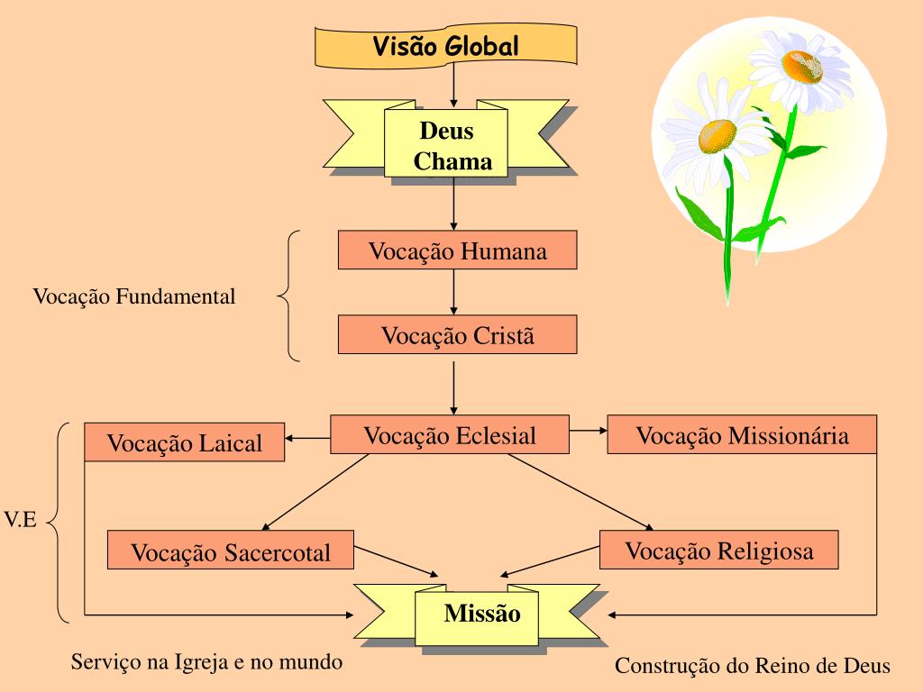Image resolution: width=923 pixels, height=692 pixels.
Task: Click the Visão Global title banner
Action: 445,45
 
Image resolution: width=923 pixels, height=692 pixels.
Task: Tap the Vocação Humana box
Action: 457,250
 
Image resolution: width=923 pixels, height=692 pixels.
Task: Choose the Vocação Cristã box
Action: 457,335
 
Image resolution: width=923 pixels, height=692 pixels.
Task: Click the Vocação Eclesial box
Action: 450,435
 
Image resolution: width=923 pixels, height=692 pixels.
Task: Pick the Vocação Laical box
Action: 184,442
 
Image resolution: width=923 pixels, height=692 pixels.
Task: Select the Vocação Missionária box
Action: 742,435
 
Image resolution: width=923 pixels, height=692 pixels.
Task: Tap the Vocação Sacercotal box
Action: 231,551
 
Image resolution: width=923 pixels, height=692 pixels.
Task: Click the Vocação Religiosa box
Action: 718,551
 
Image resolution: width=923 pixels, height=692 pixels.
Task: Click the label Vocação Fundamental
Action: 134,296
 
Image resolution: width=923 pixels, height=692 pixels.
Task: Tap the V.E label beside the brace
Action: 20,521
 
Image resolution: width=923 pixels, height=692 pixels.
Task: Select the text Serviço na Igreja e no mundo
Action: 207,662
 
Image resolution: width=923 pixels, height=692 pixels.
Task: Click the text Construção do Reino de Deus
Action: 753,666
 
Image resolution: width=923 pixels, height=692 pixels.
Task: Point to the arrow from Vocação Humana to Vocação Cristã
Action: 453,292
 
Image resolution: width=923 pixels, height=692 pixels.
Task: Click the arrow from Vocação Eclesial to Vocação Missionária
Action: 589,431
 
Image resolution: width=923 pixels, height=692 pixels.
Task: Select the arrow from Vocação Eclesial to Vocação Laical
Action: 307,439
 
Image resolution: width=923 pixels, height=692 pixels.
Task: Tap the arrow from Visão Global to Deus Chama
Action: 453,85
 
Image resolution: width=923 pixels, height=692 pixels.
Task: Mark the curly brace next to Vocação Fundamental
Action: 287,296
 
